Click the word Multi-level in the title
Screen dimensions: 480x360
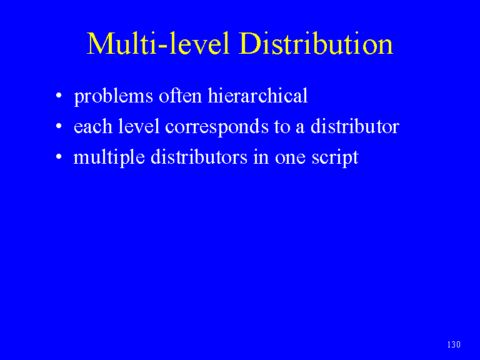click(158, 44)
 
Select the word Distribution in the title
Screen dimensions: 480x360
click(316, 44)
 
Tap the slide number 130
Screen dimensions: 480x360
click(454, 345)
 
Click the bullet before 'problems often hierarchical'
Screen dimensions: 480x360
click(59, 96)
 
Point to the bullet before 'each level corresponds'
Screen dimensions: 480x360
click(59, 126)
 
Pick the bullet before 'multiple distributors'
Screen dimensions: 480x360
click(59, 156)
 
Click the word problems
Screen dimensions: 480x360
click(114, 97)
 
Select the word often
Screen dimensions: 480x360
click(180, 96)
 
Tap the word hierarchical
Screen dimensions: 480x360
click(257, 96)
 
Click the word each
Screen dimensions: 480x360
click(93, 126)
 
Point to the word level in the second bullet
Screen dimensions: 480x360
click(139, 126)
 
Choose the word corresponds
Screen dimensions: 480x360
click(217, 127)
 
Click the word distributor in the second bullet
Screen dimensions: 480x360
click(355, 126)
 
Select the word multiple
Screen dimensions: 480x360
click(109, 158)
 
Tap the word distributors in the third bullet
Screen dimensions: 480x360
click(199, 157)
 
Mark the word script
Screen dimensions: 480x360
click(335, 158)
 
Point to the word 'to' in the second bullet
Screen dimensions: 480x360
click(282, 127)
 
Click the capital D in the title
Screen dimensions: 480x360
click(249, 44)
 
